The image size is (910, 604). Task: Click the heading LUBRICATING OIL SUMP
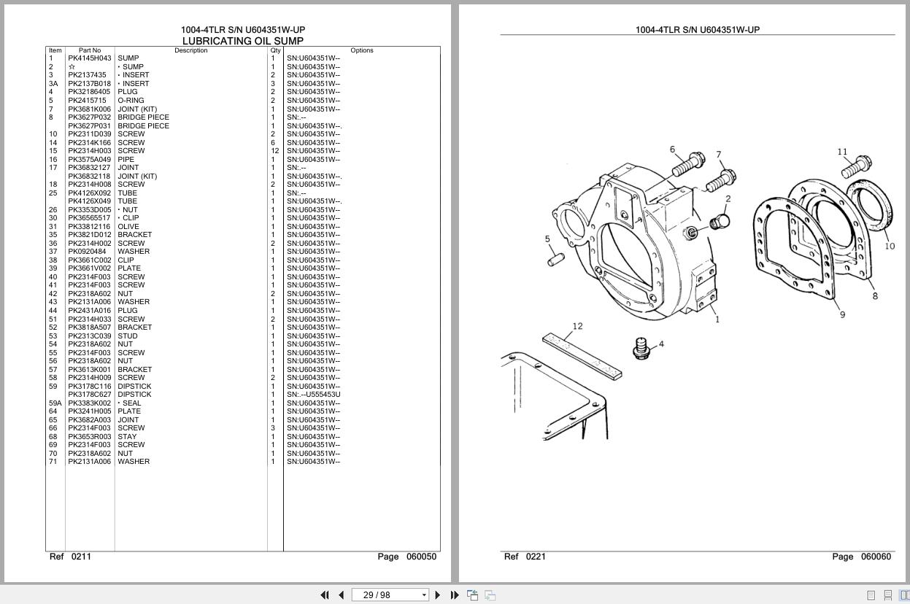[x=242, y=41]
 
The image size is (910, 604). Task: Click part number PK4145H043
[x=90, y=58]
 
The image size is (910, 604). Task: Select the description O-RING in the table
[x=131, y=101]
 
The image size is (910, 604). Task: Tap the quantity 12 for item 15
[x=275, y=151]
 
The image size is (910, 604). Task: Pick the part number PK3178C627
[x=90, y=395]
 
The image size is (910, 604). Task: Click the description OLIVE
[x=128, y=227]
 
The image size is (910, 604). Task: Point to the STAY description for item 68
[x=127, y=437]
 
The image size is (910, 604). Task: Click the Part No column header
[x=90, y=50]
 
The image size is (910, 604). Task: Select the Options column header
[x=361, y=50]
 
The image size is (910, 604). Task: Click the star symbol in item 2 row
[x=72, y=67]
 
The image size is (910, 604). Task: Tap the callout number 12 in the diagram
[x=577, y=326]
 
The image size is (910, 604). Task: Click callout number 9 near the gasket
[x=842, y=314]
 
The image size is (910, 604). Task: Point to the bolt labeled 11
[x=857, y=166]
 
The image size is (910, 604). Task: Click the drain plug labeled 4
[x=641, y=347]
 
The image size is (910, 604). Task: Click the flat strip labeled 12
[x=582, y=356]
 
